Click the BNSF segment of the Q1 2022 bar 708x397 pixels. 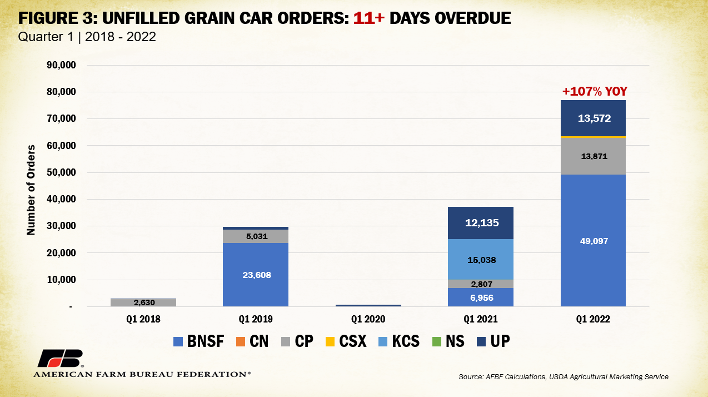[x=593, y=240]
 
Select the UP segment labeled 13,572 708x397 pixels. [x=593, y=118]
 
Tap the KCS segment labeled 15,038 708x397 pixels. [x=481, y=260]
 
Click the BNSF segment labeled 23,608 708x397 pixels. [x=256, y=274]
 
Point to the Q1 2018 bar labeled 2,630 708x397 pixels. [x=143, y=303]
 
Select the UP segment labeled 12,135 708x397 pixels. [x=481, y=223]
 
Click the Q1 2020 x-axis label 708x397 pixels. [x=368, y=320]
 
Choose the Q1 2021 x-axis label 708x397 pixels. [x=481, y=320]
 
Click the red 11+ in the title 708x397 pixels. [x=369, y=18]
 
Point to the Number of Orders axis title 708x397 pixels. [x=31, y=190]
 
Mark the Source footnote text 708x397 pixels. [x=564, y=376]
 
